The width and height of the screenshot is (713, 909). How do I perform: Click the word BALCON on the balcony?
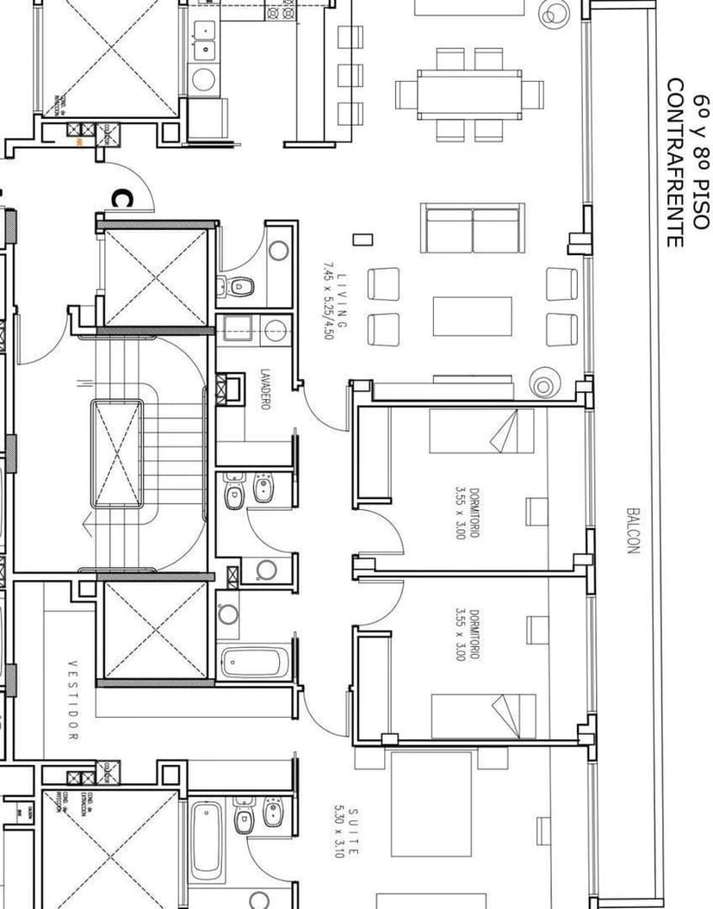(633, 529)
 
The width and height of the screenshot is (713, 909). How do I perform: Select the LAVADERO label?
(264, 389)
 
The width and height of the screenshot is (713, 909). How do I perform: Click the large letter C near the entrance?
(121, 199)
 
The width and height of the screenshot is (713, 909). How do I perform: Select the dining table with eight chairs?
(469, 94)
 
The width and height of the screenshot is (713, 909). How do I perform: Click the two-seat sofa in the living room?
(472, 228)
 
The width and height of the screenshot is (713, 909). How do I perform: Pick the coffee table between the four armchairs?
(472, 316)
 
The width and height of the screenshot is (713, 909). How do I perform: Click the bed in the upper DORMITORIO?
(481, 431)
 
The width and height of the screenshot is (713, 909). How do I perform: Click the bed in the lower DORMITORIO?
(481, 716)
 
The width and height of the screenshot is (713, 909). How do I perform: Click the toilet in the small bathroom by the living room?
(242, 285)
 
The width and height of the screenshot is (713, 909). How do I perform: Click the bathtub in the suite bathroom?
(206, 840)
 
